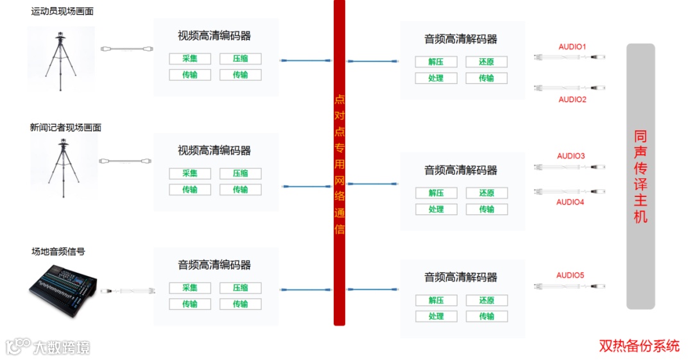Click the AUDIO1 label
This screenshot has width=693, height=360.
(572, 47)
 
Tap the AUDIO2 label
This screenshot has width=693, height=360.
(572, 99)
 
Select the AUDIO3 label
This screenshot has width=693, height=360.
(571, 156)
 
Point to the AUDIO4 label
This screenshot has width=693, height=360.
(570, 202)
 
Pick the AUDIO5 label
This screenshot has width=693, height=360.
(570, 275)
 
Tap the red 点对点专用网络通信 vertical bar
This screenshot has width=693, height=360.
(339, 163)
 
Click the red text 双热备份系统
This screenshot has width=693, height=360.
(639, 346)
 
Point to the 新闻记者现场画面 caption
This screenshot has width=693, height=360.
(65, 128)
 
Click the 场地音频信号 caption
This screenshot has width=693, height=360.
(58, 252)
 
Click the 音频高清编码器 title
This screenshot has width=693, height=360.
(214, 265)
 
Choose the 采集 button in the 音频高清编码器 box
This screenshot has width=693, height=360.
(189, 287)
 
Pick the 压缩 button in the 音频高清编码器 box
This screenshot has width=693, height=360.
(240, 287)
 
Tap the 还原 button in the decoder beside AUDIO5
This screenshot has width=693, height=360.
(486, 300)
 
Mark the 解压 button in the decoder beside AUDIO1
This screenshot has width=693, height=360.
(436, 62)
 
